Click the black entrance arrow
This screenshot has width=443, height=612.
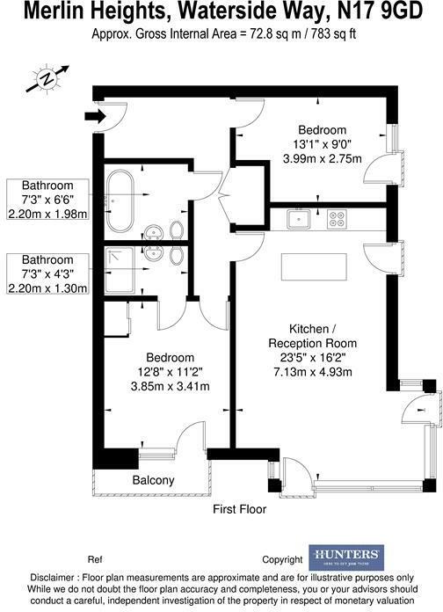click(x=92, y=114)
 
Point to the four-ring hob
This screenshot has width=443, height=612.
click(x=337, y=217)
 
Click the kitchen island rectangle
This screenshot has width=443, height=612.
click(x=312, y=264)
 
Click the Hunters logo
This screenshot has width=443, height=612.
click(x=345, y=556)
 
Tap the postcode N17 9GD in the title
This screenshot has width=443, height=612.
click(x=393, y=12)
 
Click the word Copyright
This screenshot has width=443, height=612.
click(x=282, y=559)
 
